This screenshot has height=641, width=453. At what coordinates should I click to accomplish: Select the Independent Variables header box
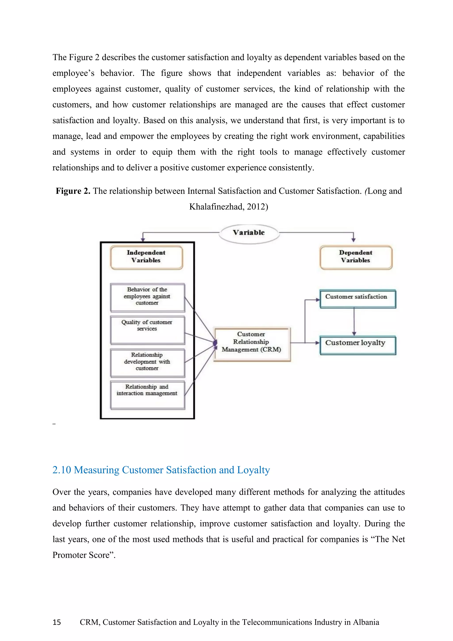pyautogui.click(x=146, y=257)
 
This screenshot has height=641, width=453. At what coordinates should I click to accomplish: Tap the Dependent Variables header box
pyautogui.click(x=356, y=257)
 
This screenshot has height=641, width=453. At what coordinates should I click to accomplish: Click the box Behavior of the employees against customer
pyautogui.click(x=147, y=297)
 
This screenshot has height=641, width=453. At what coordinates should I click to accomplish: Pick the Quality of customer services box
pyautogui.click(x=147, y=330)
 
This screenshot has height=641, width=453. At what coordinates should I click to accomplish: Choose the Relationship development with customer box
pyautogui.click(x=147, y=363)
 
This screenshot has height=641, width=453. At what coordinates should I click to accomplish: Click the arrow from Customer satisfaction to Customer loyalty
pyautogui.click(x=354, y=321)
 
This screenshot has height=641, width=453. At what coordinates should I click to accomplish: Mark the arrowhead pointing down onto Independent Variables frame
pyautogui.click(x=143, y=239)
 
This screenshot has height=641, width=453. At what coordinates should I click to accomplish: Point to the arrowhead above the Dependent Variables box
pyautogui.click(x=353, y=239)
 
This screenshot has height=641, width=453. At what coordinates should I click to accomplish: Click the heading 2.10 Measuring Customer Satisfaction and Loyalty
pyautogui.click(x=161, y=470)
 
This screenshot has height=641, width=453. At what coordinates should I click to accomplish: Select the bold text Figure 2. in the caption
pyautogui.click(x=73, y=191)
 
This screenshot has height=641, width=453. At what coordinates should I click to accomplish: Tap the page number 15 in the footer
pyautogui.click(x=57, y=622)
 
